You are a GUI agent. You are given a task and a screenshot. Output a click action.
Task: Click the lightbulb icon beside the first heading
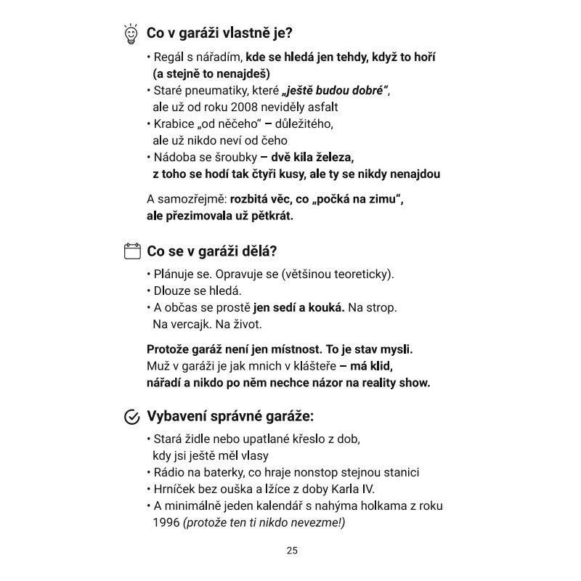pyautogui.click(x=131, y=33)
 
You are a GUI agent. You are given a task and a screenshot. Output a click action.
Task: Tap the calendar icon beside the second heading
pyautogui.click(x=131, y=252)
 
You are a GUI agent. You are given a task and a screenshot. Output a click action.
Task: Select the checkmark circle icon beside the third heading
pyautogui.click(x=131, y=417)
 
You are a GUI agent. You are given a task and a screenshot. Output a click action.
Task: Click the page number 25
pyautogui.click(x=292, y=550)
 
